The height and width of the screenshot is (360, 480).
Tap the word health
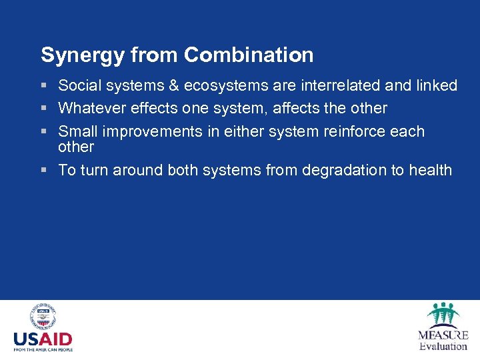[430, 170]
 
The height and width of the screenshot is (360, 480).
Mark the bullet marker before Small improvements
[44, 132]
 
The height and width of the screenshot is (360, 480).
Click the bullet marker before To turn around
[44, 171]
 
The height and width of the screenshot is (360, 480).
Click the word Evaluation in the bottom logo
[443, 346]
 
